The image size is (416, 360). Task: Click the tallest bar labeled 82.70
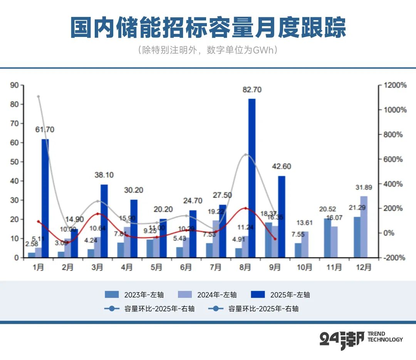[252, 177]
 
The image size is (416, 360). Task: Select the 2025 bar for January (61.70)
[45, 198]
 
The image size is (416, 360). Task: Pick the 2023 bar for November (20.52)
[327, 238]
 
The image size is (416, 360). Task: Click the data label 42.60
[281, 167]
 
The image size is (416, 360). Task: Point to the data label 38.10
[104, 175]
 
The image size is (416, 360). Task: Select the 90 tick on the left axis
[14, 85]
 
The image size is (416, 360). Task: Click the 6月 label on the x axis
[186, 267]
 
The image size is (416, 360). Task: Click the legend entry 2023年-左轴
[134, 295]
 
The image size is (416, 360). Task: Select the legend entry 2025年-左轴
[280, 295]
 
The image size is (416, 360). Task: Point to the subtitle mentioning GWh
[208, 50]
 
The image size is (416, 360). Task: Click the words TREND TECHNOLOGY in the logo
[385, 336]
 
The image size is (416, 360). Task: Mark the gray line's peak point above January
[39, 96]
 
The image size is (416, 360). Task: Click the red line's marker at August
[246, 209]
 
